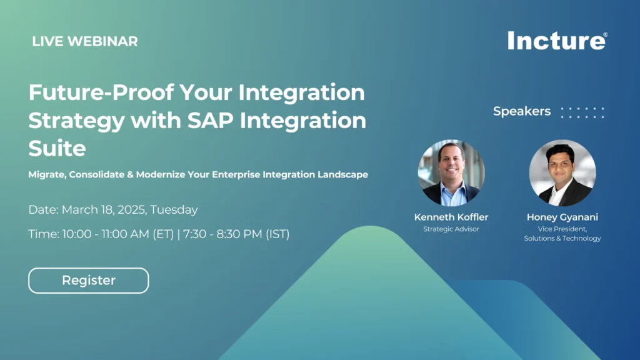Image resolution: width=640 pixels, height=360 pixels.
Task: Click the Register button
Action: (89, 281)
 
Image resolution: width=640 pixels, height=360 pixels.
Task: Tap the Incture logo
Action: (557, 41)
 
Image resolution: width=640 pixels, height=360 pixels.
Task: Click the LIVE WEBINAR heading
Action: (85, 41)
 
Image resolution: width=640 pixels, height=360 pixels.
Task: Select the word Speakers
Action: (522, 111)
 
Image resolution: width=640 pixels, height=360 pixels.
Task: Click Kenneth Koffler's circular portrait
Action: (451, 172)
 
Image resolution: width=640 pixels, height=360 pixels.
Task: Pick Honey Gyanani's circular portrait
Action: (562, 172)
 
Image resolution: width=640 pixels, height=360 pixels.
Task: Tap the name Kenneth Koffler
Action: (451, 217)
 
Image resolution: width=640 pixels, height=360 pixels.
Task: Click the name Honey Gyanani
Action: (562, 217)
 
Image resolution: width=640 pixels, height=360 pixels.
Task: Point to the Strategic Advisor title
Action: (451, 229)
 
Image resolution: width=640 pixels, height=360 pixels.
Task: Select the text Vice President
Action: (562, 229)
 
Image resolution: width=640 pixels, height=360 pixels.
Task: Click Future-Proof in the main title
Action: (101, 92)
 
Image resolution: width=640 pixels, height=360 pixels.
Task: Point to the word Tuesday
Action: (174, 210)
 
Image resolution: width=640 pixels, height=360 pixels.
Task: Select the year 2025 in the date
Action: (132, 210)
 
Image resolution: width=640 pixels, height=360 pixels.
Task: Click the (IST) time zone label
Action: (277, 234)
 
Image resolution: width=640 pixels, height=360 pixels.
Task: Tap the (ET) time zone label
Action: (163, 234)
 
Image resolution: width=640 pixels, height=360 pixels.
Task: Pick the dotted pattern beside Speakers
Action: (583, 112)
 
